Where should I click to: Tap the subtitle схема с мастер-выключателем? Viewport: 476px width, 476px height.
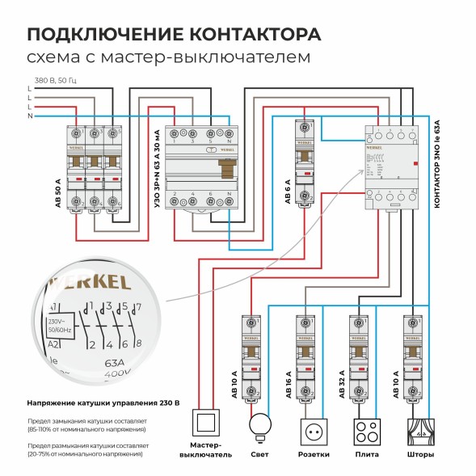168,58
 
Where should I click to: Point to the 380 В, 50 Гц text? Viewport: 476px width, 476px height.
54,79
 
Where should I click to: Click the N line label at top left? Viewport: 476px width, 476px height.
30,116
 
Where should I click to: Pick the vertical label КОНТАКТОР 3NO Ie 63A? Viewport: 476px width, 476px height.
437,165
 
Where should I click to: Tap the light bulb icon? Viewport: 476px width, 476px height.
260,426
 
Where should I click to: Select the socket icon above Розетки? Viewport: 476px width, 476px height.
313,431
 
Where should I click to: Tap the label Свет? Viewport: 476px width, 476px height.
260,454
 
